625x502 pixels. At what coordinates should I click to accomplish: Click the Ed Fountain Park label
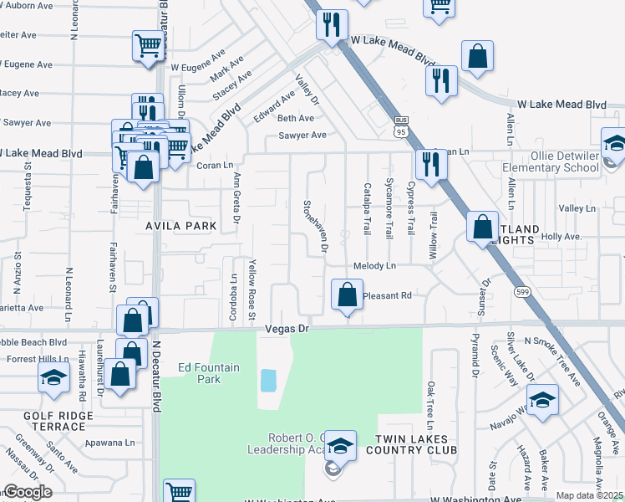[199, 372]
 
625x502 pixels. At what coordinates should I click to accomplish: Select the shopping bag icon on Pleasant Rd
[347, 295]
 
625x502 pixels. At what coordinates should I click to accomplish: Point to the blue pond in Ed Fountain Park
[268, 381]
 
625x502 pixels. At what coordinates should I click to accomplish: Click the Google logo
[28, 492]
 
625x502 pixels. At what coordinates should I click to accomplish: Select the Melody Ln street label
[377, 266]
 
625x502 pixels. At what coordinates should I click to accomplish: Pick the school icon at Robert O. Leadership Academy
[340, 447]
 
